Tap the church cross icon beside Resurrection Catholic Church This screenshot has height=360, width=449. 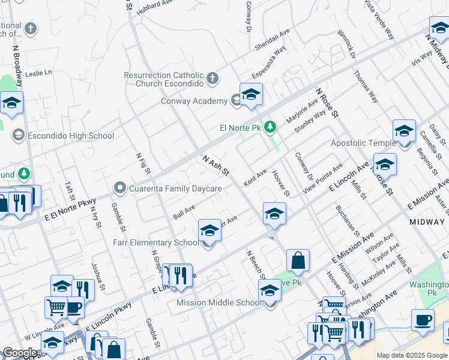[x=212, y=78]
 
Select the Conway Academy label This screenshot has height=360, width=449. [x=194, y=101]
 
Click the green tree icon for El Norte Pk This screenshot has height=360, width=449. [x=271, y=127]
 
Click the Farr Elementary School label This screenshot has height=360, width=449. [x=155, y=242]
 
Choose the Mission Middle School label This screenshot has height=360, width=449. [x=219, y=302]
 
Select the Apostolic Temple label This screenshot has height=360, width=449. [x=363, y=143]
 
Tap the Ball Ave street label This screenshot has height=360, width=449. [x=184, y=212]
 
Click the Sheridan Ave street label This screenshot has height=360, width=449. [x=272, y=39]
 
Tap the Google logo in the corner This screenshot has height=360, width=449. [x=20, y=353]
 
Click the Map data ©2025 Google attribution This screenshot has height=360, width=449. [x=412, y=355]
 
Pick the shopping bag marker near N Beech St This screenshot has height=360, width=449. [x=298, y=261]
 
